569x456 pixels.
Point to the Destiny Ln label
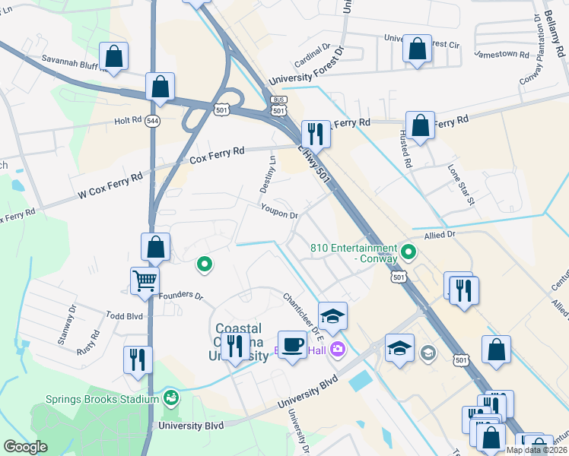pyautogui.click(x=272, y=169)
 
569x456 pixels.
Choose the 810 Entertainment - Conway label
pyautogui.click(x=354, y=253)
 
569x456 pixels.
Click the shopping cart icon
pyautogui.click(x=144, y=280)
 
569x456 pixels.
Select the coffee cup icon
pyautogui.click(x=292, y=346)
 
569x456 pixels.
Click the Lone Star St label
pyautogui.click(x=461, y=185)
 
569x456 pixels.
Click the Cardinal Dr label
pyautogui.click(x=309, y=57)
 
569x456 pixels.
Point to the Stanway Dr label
pyautogui.click(x=68, y=325)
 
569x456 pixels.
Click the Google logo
pyautogui.click(x=25, y=447)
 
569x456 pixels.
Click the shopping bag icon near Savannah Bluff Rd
pyautogui.click(x=113, y=55)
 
